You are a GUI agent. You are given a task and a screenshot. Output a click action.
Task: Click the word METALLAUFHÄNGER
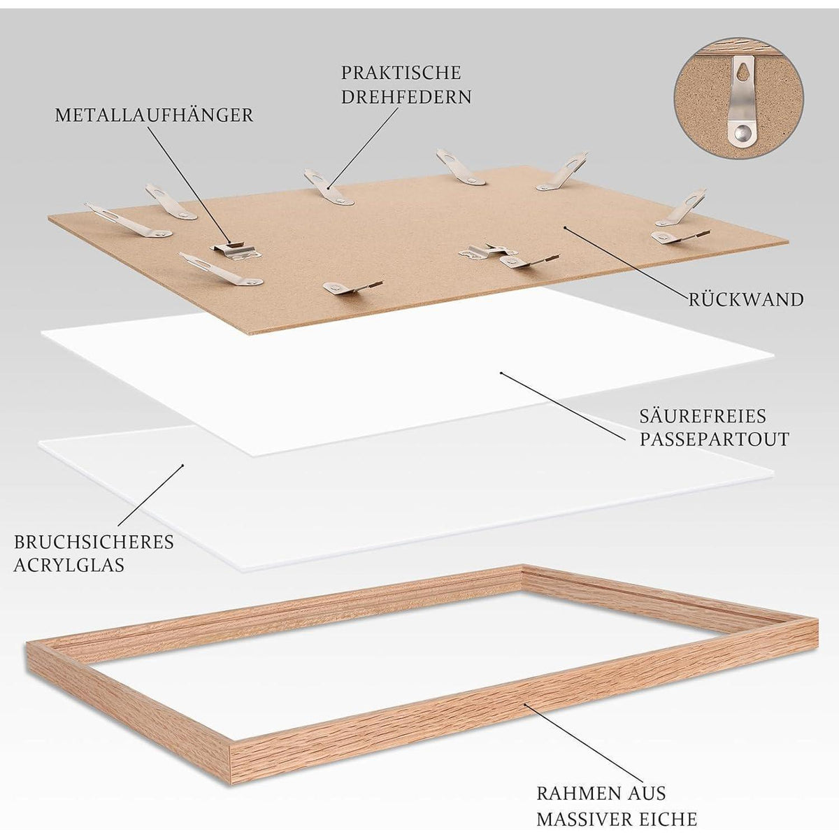pyautogui.click(x=154, y=115)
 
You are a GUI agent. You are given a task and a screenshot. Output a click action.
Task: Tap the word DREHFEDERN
pyautogui.click(x=406, y=96)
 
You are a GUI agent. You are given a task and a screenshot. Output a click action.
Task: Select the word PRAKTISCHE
pyautogui.click(x=401, y=73)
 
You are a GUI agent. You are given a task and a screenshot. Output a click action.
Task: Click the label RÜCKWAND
pyautogui.click(x=746, y=300)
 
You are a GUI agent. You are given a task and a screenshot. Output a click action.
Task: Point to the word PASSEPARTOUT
pyautogui.click(x=714, y=439)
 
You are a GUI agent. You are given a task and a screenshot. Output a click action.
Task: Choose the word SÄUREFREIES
pyautogui.click(x=703, y=416)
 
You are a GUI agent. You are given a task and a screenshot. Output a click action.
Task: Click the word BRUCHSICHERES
pyautogui.click(x=94, y=542)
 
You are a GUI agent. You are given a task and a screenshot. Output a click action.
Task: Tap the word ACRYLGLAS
pyautogui.click(x=69, y=565)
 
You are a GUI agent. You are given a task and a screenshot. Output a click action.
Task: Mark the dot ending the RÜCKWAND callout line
pyautogui.click(x=565, y=227)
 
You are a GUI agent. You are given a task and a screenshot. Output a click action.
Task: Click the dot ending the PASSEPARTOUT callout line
pyautogui.click(x=501, y=373)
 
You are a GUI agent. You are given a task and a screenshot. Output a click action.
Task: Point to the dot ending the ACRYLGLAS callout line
pyautogui.click(x=183, y=466)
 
